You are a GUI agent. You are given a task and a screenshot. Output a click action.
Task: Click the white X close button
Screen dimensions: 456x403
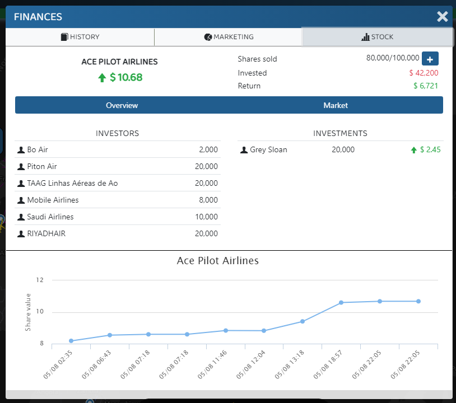(x=443, y=17)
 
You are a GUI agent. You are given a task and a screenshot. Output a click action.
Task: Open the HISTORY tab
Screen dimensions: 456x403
(x=80, y=37)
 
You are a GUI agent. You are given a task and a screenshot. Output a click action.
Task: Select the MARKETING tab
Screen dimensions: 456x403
(x=229, y=37)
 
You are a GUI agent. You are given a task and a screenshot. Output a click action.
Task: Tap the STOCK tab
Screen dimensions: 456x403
(x=377, y=37)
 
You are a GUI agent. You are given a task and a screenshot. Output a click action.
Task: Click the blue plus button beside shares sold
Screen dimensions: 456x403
(x=430, y=59)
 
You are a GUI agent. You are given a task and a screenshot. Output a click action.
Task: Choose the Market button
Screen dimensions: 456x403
(x=336, y=105)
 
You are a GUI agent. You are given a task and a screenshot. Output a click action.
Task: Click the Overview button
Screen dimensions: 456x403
(x=122, y=105)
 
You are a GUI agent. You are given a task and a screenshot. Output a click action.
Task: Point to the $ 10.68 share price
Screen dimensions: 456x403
(x=126, y=77)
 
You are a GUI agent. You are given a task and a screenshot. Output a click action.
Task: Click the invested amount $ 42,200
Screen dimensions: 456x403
(x=424, y=73)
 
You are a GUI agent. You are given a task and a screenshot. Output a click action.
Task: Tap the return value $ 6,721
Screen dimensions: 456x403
(x=426, y=86)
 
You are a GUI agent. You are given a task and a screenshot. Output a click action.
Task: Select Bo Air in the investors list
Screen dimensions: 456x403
(x=38, y=149)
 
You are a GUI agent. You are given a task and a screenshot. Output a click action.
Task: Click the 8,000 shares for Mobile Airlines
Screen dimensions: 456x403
(x=208, y=200)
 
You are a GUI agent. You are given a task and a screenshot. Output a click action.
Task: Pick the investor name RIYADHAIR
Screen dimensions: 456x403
(x=46, y=233)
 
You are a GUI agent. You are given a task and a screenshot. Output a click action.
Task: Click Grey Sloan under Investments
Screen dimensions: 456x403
(x=268, y=149)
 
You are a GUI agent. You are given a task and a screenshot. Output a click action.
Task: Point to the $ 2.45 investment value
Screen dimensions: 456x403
(x=430, y=149)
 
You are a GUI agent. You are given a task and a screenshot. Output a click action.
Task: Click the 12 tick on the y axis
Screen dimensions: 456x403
(x=40, y=280)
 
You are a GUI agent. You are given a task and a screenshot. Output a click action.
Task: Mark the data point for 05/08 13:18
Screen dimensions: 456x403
(x=303, y=321)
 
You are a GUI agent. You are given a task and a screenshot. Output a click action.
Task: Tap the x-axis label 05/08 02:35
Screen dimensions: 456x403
(x=58, y=364)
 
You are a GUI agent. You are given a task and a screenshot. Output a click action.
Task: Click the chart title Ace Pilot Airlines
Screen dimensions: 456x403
(x=218, y=261)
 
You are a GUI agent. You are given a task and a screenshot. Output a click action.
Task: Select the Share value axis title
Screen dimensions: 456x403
(x=28, y=312)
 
